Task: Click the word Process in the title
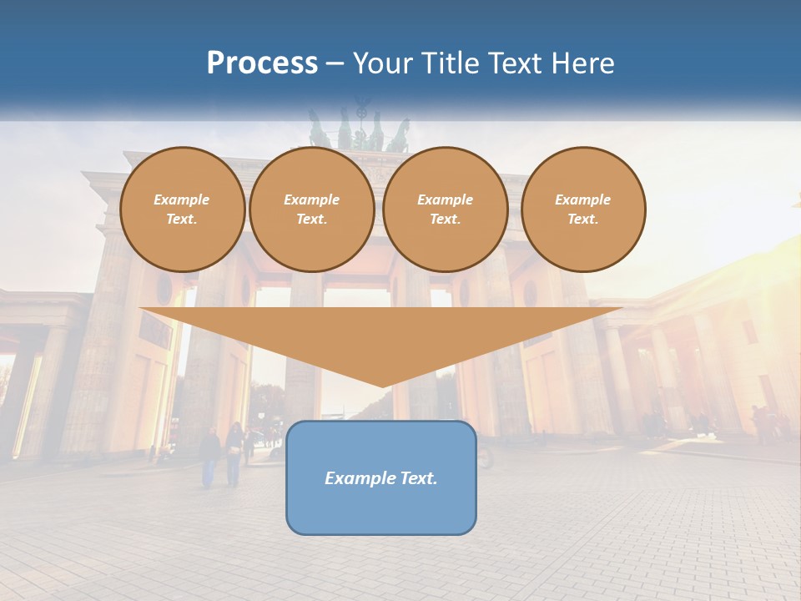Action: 262,63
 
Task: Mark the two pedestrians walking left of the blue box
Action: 222,455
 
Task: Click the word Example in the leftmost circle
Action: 182,199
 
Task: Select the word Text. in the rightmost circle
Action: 583,219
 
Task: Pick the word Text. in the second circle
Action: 312,219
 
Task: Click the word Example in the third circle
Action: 445,199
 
